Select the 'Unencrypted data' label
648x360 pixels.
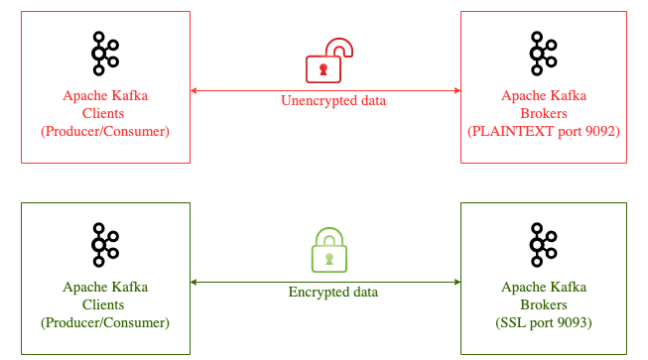(x=333, y=101)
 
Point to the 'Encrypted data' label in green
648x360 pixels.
(x=333, y=293)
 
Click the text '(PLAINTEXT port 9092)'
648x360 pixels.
(x=544, y=131)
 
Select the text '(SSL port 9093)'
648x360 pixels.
(x=544, y=323)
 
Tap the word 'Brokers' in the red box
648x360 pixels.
(x=544, y=113)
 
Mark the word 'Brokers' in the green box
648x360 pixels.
(x=544, y=304)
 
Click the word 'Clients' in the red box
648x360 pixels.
(x=103, y=113)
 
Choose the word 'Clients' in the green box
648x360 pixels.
(x=103, y=304)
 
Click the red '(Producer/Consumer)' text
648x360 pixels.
(x=105, y=131)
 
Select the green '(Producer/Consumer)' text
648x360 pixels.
(x=105, y=323)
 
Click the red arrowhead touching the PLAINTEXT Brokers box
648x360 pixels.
(x=457, y=90)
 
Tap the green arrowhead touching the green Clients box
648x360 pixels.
(x=194, y=282)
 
